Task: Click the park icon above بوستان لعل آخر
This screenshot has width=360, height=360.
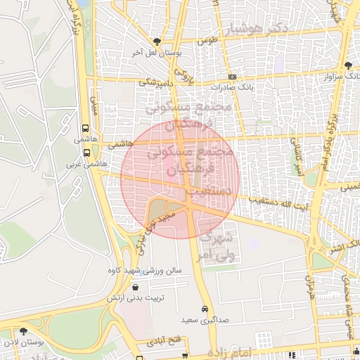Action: [x=157, y=42]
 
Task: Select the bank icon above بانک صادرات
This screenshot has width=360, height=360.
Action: [x=233, y=77]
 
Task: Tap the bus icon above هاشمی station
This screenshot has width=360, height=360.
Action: [x=86, y=129]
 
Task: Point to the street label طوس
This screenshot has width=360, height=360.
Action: [x=207, y=41]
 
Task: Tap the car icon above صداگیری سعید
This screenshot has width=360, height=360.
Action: [x=205, y=309]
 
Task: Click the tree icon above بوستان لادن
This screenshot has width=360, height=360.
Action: [x=23, y=331]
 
